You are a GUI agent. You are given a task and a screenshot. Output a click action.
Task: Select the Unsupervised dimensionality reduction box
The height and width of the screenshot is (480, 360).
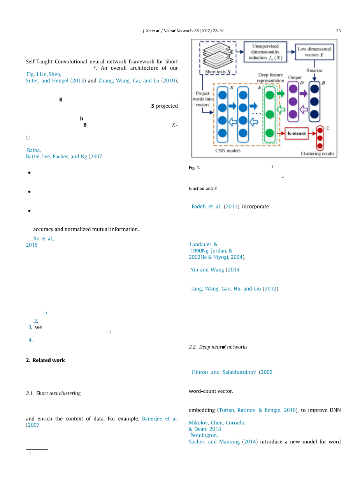[265, 52]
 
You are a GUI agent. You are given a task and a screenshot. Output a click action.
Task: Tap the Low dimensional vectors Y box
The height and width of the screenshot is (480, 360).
[314, 52]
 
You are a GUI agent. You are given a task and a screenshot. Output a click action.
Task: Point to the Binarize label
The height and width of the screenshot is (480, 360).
[314, 70]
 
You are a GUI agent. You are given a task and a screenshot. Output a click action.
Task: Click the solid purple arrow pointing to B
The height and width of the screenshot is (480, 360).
[303, 94]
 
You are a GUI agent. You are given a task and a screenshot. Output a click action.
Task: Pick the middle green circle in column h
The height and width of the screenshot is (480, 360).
[269, 114]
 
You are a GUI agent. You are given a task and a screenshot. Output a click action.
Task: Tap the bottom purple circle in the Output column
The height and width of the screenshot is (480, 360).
[293, 114]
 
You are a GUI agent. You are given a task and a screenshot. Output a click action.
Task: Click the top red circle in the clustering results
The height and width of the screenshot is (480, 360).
[320, 130]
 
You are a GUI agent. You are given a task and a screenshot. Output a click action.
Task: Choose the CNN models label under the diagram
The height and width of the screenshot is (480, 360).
[228, 151]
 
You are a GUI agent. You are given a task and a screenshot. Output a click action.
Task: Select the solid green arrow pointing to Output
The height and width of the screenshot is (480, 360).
[280, 94]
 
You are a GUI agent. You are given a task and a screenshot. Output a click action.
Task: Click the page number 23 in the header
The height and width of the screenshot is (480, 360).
[338, 31]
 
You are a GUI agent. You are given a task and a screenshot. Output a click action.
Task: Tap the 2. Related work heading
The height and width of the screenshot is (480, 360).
[45, 360]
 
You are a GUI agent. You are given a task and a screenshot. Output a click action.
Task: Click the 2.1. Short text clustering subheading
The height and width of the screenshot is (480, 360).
[53, 393]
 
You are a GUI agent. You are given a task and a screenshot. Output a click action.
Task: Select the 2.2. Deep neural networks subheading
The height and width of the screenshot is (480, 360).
[218, 347]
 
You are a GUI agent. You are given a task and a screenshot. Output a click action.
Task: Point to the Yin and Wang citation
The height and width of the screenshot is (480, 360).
[207, 270]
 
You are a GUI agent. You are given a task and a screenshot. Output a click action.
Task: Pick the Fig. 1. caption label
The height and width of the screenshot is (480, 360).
[194, 168]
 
